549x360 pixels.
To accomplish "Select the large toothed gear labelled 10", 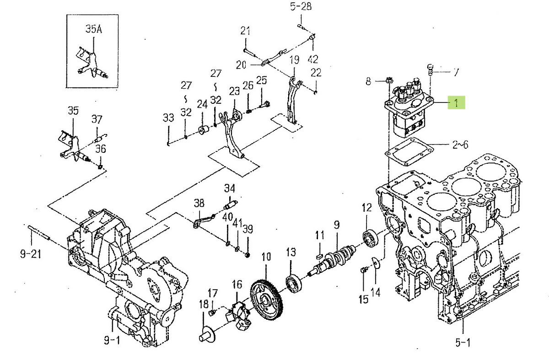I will (267, 300).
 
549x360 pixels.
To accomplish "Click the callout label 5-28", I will (300, 6).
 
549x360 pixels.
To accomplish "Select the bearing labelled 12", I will (369, 238).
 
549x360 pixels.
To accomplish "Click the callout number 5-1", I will (462, 342).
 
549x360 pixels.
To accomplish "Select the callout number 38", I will (199, 203).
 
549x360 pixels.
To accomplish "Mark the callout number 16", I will (237, 285).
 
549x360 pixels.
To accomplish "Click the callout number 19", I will (294, 59).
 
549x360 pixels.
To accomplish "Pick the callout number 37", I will (97, 119).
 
